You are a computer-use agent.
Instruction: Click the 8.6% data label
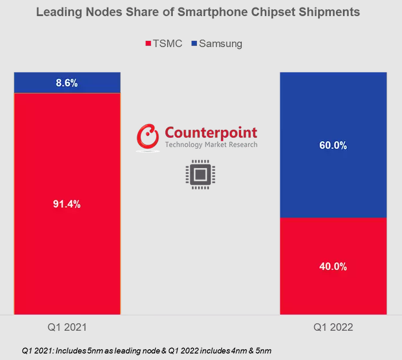coord(67,83)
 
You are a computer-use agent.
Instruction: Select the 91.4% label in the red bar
coord(67,204)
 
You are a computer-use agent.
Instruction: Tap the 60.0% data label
coord(333,146)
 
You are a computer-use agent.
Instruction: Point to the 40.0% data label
coord(333,266)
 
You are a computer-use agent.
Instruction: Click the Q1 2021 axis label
coord(67,328)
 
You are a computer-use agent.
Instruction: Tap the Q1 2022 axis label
coord(333,328)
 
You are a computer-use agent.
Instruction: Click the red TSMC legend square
coord(148,44)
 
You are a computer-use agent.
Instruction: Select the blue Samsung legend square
coord(194,44)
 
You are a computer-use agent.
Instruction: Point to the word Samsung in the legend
coord(221,44)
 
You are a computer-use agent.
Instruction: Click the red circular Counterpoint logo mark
coord(148,137)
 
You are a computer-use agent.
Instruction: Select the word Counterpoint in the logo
coord(211,132)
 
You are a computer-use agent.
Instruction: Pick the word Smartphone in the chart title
coord(217,12)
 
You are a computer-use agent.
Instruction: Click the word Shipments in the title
coord(331,12)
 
